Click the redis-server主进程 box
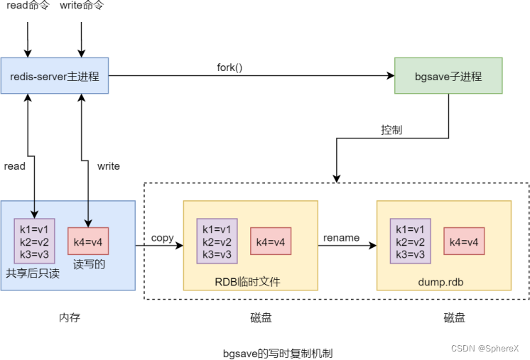coord(55,76)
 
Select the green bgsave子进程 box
coord(448,76)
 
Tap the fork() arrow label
coord(229,67)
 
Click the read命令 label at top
coord(27,6)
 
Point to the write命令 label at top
coord(82,6)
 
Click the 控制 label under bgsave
coord(391,130)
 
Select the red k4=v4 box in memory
coord(88,241)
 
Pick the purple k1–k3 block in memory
coord(34,241)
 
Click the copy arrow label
coord(163,238)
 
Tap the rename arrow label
coord(342,238)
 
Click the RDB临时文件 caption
coord(248,282)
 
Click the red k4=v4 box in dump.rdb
coord(465,241)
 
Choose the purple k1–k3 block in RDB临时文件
coord(217,241)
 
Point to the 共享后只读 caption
coord(33,273)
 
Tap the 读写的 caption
coord(89,265)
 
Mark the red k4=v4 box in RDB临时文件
coord(271,241)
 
